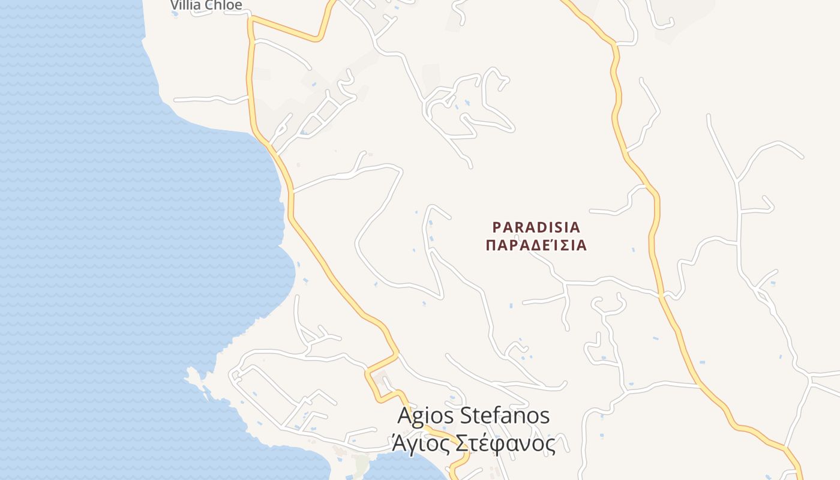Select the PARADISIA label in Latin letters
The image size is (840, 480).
coord(536,227)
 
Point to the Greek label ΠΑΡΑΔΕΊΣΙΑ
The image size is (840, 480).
coord(536,245)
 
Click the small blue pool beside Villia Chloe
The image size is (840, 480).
coord(175,13)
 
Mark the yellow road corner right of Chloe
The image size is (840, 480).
coord(251,19)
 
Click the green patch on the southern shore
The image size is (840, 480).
coord(361,463)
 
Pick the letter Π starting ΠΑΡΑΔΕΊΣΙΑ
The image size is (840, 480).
coord(490,245)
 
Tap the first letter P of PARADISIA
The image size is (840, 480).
coord(497,227)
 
